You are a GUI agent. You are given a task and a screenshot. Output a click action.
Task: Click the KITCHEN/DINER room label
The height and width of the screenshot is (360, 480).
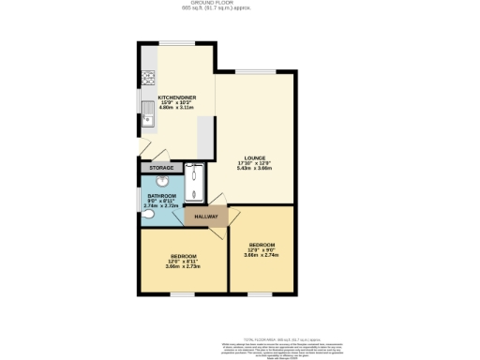coord(176,97)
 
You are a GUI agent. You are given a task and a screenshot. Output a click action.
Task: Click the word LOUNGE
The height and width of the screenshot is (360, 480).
coord(255,157)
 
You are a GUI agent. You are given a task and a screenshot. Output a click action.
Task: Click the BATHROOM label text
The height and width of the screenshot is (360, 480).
coord(161,196)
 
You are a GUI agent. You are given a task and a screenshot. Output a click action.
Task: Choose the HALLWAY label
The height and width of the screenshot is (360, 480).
coord(207,217)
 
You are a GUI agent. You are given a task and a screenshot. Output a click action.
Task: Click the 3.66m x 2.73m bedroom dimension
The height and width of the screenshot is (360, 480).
coord(183,267)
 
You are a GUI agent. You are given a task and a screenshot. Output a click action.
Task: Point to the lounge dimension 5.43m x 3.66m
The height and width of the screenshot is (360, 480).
coord(255,169)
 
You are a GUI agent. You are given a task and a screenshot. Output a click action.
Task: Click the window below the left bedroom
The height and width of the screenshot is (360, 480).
coord(183,293)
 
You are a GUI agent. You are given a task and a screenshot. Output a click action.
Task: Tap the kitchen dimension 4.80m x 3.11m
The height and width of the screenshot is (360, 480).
coord(176,108)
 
